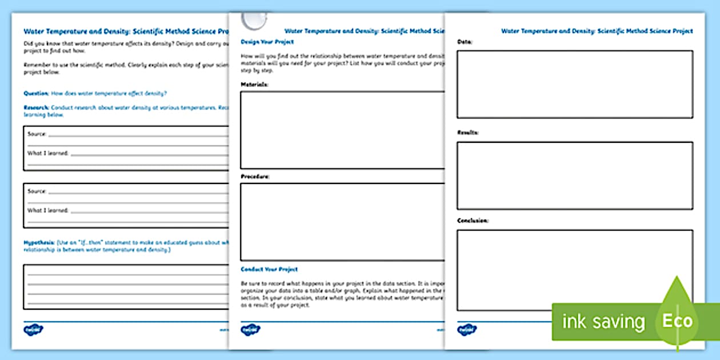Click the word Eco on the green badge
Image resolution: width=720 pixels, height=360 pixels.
click(x=678, y=321)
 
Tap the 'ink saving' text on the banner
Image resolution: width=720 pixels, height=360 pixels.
click(x=603, y=321)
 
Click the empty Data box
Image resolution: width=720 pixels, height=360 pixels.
click(x=575, y=84)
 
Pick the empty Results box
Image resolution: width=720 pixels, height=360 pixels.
click(x=575, y=175)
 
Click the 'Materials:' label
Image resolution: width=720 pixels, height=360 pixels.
click(x=255, y=85)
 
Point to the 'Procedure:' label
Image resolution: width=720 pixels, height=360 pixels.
click(x=255, y=177)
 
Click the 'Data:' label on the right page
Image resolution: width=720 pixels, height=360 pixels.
click(x=465, y=42)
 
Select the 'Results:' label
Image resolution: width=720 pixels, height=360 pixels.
click(x=468, y=133)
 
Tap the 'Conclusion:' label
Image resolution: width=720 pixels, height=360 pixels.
click(x=473, y=221)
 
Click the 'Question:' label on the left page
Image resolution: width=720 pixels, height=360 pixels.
click(x=36, y=93)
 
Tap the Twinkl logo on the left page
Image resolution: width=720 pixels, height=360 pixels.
click(x=34, y=330)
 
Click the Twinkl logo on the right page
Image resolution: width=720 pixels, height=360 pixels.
click(x=467, y=330)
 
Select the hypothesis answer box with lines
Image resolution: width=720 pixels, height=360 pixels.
click(x=126, y=286)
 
